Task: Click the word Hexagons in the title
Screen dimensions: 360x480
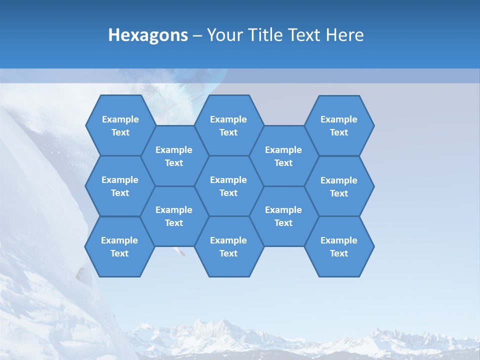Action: (x=148, y=35)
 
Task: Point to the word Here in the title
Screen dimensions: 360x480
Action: (x=344, y=35)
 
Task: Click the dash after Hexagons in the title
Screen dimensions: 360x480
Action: (x=197, y=35)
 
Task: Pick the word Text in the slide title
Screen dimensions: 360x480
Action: (x=304, y=35)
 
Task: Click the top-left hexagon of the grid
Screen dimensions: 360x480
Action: (x=120, y=125)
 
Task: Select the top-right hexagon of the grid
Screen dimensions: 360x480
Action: (x=339, y=125)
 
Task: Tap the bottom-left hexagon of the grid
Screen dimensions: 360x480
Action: (x=119, y=246)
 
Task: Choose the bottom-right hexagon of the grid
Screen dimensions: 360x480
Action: (x=339, y=246)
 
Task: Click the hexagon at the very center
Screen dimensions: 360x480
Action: (x=228, y=186)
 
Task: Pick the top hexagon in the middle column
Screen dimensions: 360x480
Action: (x=228, y=125)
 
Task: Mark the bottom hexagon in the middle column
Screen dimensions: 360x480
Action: (x=228, y=246)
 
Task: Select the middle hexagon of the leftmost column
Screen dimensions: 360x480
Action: (x=120, y=186)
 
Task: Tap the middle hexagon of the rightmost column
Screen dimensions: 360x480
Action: (x=339, y=186)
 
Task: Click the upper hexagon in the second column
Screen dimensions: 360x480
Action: (x=174, y=156)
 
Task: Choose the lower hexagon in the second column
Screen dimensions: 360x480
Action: (x=174, y=216)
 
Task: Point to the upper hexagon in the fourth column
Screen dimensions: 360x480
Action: (x=283, y=156)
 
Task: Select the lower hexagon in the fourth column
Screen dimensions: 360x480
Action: (x=283, y=216)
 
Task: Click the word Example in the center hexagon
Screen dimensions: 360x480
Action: (x=228, y=180)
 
